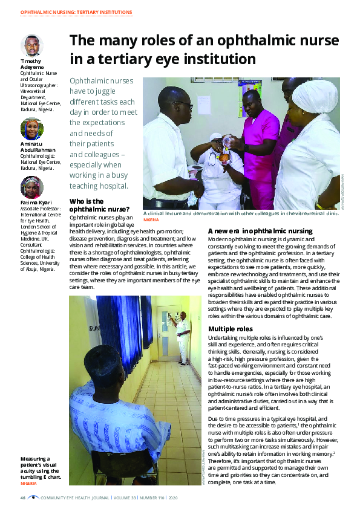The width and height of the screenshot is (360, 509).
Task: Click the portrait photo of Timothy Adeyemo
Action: pyautogui.click(x=31, y=47)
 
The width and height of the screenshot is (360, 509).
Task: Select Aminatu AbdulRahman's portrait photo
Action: pyautogui.click(x=31, y=129)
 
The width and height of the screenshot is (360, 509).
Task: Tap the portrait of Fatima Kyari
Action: pyautogui.click(x=31, y=187)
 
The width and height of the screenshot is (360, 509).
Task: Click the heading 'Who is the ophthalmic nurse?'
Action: pyautogui.click(x=96, y=205)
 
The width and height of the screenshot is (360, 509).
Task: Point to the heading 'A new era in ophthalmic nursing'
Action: pyautogui.click(x=260, y=231)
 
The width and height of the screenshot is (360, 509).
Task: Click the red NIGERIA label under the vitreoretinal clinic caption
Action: pyautogui.click(x=151, y=219)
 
